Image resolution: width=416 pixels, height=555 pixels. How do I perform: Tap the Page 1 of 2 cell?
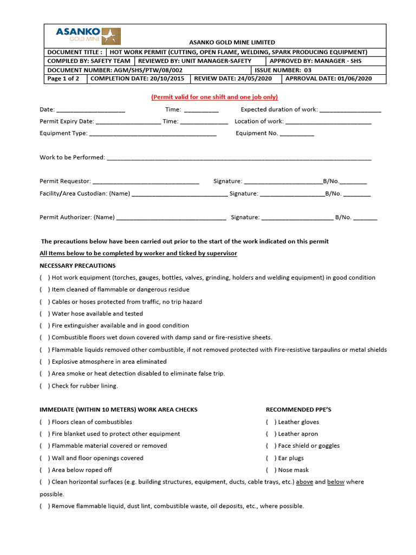(64, 79)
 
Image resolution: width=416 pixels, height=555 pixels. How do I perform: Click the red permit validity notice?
(214, 97)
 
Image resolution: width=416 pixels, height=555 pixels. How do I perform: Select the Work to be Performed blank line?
(239, 158)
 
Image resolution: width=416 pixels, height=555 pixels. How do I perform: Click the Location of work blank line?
(328, 122)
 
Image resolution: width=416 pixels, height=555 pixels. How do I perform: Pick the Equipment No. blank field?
(297, 134)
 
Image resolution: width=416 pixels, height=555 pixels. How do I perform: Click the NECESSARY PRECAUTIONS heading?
(77, 266)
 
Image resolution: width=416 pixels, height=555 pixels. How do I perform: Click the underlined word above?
(304, 482)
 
